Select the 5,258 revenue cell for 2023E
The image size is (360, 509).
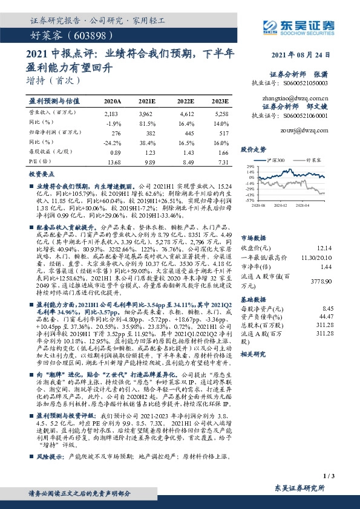coord(221,113)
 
